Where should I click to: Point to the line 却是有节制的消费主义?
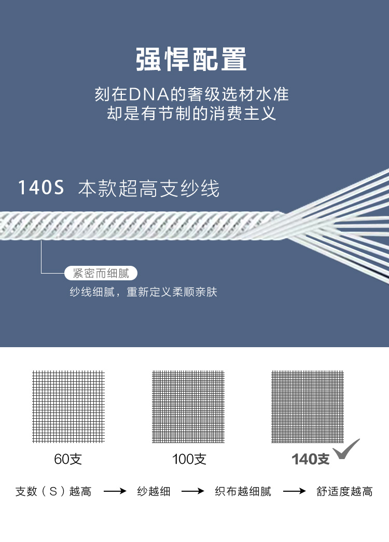tap(191, 113)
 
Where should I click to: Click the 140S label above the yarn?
tap(41, 188)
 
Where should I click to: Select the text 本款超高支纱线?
tap(149, 189)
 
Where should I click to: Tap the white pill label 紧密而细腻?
tap(101, 273)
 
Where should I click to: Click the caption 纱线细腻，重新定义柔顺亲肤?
tap(144, 292)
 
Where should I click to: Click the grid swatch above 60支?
tap(68, 406)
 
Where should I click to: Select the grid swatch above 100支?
tap(188, 406)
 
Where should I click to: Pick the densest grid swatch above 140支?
tap(308, 406)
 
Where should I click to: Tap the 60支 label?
tap(68, 459)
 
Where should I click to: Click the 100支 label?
tap(189, 459)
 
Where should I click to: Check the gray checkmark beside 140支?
tap(346, 449)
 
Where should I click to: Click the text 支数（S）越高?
tap(53, 491)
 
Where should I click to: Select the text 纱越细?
tap(154, 491)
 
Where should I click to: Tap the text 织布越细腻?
tap(243, 491)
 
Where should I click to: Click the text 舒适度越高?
tap(344, 491)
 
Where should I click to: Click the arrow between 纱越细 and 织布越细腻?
tap(192, 491)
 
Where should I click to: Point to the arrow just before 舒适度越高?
tap(294, 491)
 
